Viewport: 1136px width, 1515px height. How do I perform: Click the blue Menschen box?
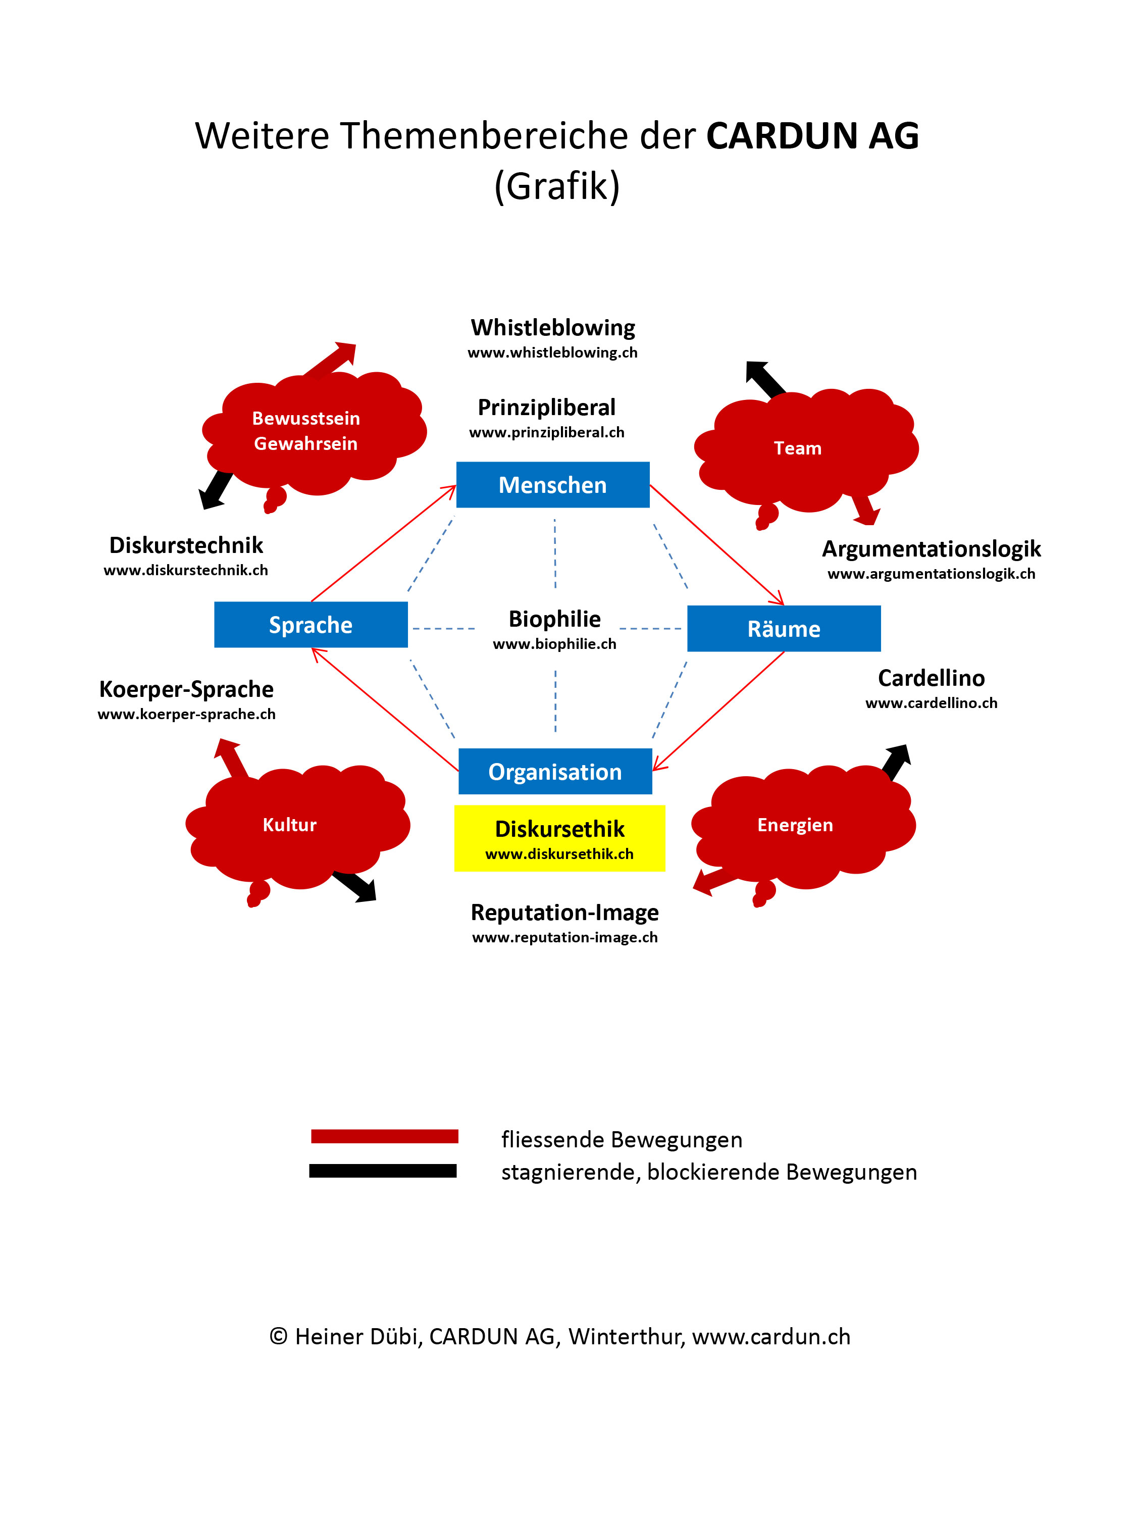(552, 485)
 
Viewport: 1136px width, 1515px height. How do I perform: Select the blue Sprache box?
(311, 625)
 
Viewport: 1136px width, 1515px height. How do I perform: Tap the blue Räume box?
(784, 629)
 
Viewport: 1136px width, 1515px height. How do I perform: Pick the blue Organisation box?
(555, 772)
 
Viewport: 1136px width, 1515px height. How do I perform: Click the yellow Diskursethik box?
(559, 838)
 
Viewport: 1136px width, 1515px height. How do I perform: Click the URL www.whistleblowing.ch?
(552, 352)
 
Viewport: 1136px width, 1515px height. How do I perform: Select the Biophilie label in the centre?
(555, 619)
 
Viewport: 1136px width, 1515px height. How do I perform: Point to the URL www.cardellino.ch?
(931, 703)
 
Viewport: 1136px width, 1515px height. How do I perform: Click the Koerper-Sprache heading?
(186, 689)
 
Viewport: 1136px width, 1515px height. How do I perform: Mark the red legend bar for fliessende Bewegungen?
(384, 1137)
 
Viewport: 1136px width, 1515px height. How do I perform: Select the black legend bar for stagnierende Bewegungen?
(383, 1171)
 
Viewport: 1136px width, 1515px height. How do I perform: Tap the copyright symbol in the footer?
(278, 1336)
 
